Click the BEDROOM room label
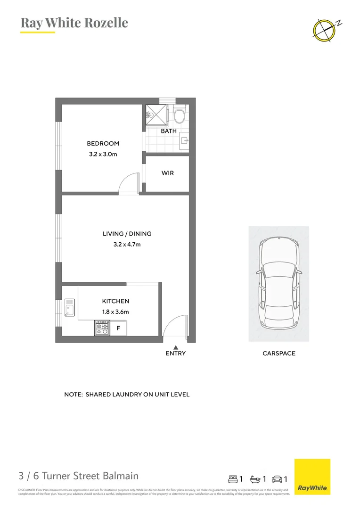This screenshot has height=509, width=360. pos(103,144)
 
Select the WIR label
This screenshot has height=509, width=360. pos(168,173)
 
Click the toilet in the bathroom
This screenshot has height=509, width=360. pos(179,115)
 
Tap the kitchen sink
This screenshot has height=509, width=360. pos(70,307)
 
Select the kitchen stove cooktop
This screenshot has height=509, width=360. pos(102,328)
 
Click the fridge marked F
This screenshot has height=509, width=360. pos(118,328)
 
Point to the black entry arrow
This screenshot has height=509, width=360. pos(175,347)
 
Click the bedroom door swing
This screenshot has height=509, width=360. pos(128,184)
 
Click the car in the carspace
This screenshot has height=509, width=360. pos(279,283)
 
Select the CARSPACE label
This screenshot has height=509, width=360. pos(279,353)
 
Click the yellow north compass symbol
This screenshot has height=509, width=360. pos(324,29)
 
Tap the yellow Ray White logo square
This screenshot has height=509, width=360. pos(312,476)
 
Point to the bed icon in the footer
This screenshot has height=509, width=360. pos(233,479)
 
